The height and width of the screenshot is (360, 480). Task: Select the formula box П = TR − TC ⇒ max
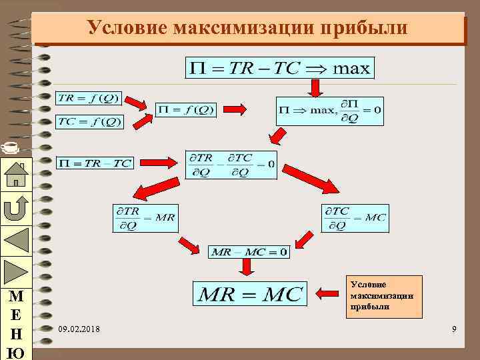(x=279, y=67)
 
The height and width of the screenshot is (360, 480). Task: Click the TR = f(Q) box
(x=88, y=99)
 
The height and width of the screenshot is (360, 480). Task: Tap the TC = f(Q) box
(x=89, y=121)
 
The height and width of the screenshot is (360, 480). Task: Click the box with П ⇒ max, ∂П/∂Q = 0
(x=329, y=111)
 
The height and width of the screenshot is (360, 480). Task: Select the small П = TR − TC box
(x=95, y=162)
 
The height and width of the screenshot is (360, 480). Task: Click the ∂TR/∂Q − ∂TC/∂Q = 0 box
(x=231, y=163)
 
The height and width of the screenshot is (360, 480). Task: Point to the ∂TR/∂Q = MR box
(x=145, y=218)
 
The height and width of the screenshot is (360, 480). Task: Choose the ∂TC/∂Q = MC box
(x=355, y=218)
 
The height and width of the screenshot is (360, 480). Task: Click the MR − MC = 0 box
(x=249, y=251)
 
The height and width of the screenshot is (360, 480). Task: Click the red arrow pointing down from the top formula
(x=315, y=87)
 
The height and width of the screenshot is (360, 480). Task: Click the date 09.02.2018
(x=80, y=329)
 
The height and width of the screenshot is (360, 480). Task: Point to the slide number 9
(x=454, y=329)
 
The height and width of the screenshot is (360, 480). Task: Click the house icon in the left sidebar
(x=15, y=175)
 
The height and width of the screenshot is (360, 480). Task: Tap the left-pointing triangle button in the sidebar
(x=15, y=240)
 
